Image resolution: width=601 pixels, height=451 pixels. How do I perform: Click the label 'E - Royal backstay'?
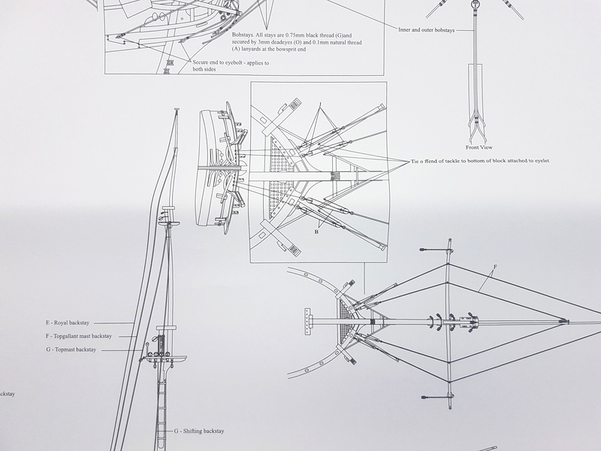68,323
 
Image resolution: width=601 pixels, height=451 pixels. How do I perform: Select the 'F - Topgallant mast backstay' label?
79,336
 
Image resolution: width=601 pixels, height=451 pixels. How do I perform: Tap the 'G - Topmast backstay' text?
71,350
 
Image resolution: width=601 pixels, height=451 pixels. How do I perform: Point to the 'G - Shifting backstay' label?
199,431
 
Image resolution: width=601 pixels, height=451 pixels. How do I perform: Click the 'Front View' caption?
479,147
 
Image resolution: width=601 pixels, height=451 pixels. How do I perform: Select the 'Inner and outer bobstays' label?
426,30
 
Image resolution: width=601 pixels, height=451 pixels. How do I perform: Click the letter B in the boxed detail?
316,232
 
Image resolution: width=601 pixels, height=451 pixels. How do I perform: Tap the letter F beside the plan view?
495,267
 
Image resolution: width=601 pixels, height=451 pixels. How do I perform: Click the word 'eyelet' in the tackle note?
541,161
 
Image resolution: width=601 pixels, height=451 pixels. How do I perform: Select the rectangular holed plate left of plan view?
307,322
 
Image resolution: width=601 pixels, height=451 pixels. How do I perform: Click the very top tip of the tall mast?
177,109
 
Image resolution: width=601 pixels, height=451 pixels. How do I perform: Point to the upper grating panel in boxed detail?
281,154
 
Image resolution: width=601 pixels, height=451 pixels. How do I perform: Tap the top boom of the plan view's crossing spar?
436,250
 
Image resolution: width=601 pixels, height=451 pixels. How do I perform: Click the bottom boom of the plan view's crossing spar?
437,397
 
